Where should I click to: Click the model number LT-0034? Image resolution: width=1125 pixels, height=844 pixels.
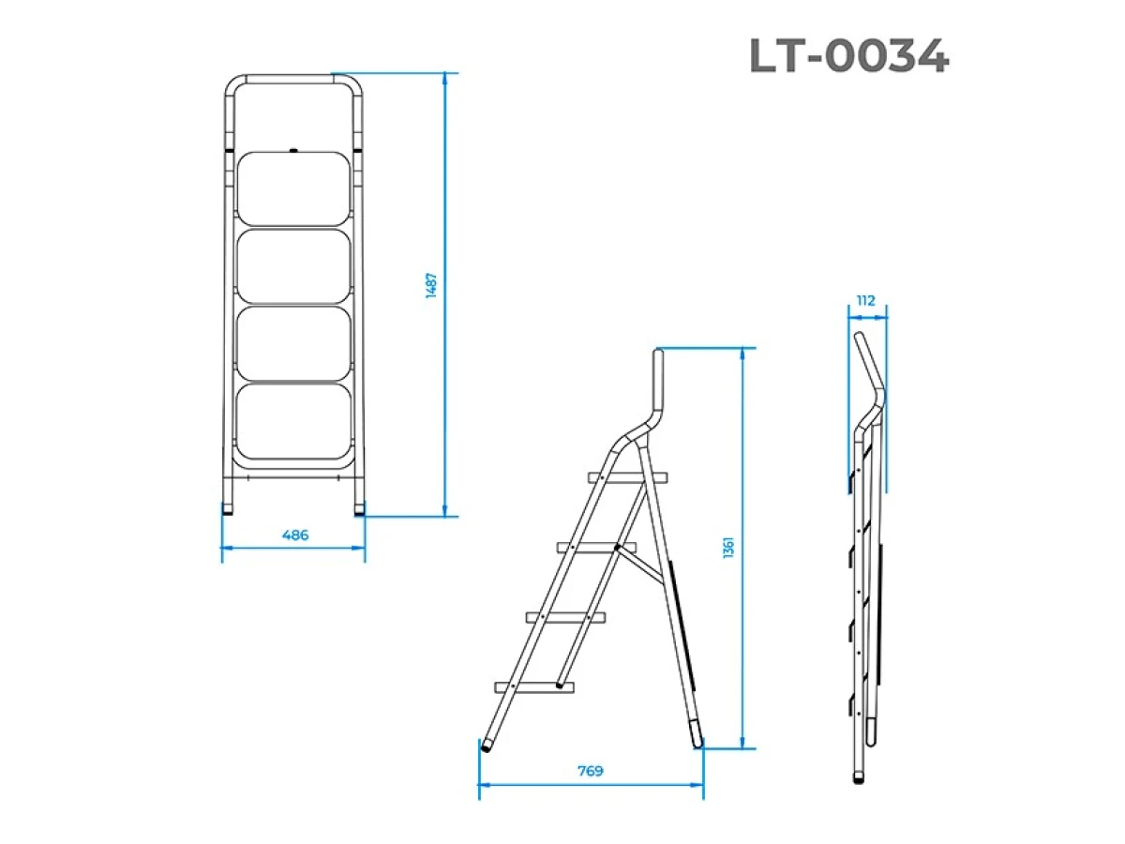tap(848, 58)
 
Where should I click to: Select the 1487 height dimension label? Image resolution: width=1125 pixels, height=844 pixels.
tap(431, 285)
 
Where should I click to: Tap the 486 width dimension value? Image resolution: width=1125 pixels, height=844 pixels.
tap(294, 535)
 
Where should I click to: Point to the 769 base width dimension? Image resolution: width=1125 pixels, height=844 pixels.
tap(590, 771)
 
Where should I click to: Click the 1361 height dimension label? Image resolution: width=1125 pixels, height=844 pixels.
tap(728, 549)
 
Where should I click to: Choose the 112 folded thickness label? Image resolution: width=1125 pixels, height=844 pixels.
tap(865, 301)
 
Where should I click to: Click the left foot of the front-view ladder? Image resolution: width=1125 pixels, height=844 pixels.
tap(229, 511)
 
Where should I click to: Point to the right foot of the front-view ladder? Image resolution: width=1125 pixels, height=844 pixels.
tap(359, 511)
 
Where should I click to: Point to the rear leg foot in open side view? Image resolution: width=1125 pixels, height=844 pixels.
tap(697, 736)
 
